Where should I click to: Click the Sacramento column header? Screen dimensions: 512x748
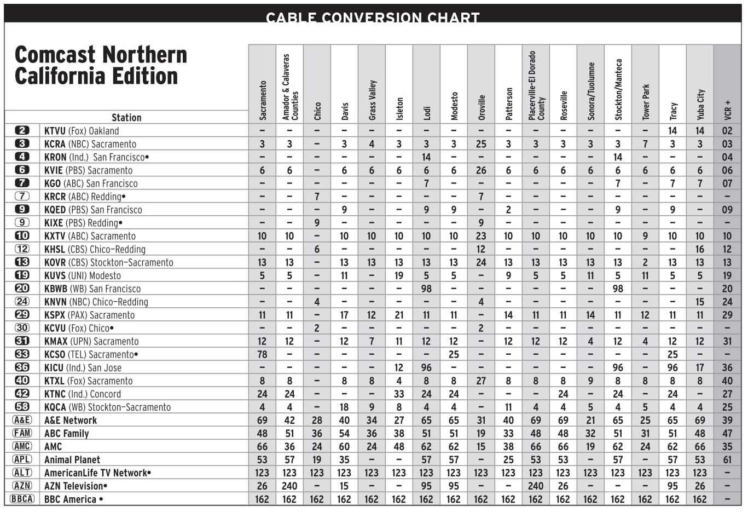(263, 101)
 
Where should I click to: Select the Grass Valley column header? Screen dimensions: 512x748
(372, 100)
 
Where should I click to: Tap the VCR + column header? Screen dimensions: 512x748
(727, 110)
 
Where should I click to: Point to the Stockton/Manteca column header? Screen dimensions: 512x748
(618, 90)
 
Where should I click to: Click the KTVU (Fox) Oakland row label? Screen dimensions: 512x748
(81, 131)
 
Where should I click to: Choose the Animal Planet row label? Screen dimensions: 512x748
(72, 459)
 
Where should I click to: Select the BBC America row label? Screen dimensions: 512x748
(73, 499)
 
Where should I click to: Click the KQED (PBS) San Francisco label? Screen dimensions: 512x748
(92, 210)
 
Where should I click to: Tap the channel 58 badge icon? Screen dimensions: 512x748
(22, 407)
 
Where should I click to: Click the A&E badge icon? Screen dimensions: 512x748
(22, 420)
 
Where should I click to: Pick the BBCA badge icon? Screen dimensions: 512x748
(22, 499)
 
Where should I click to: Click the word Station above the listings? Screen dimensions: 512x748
(126, 117)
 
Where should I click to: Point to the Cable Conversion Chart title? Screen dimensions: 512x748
(373, 18)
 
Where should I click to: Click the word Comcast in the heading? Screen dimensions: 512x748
(55, 55)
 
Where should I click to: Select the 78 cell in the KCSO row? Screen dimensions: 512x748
(262, 354)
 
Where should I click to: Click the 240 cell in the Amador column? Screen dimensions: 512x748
(289, 486)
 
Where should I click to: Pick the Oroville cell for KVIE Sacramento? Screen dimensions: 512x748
(481, 170)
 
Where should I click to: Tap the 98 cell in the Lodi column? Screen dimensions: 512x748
(426, 289)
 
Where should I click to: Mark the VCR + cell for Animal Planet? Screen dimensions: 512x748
(727, 459)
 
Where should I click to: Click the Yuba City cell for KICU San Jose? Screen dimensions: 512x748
(700, 367)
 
